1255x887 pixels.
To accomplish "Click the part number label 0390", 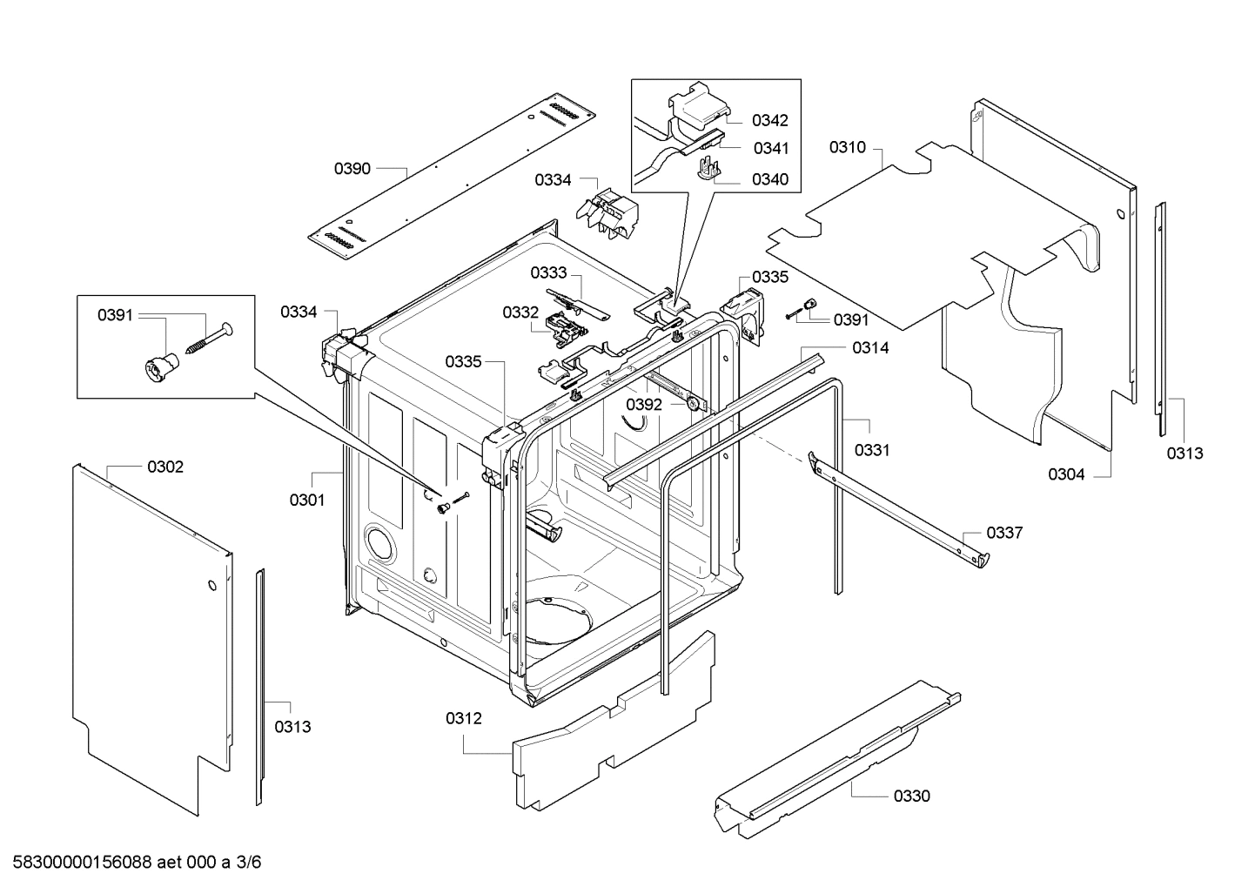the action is (x=352, y=169).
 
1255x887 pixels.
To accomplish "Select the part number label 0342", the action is (x=770, y=120).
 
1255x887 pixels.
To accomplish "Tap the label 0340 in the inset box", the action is (x=770, y=179).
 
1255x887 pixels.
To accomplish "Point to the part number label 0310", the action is (x=848, y=147).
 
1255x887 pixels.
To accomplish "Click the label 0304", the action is (x=1066, y=474).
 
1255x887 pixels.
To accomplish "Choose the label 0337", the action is (x=1004, y=533).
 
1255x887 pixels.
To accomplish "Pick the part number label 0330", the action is (x=912, y=796).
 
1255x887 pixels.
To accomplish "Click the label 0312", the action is (x=464, y=718).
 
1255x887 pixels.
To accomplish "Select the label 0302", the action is (x=165, y=467).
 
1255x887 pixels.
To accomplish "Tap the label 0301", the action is (x=307, y=500).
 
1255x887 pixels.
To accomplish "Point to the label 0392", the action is (x=644, y=405).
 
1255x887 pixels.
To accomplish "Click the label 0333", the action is (x=548, y=272).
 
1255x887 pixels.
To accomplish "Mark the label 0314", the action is (x=870, y=348).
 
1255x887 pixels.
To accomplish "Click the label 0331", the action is (x=872, y=450).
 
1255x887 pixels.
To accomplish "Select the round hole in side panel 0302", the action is (x=211, y=586).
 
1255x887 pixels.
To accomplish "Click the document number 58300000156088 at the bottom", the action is (x=83, y=863).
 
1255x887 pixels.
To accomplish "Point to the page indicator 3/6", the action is (x=249, y=863).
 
